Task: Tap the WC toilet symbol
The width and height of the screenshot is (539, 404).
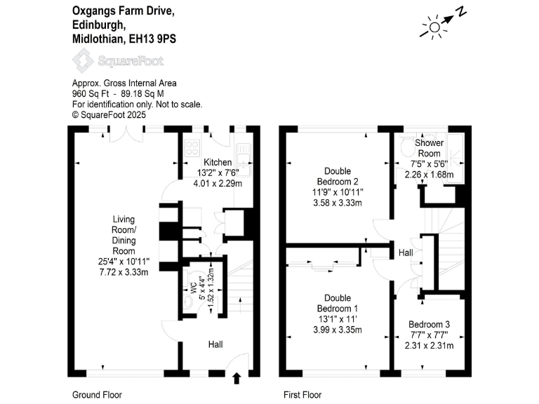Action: [x=187, y=300]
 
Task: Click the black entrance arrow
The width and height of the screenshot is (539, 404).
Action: [x=237, y=379]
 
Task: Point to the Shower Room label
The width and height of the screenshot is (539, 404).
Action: [x=430, y=148]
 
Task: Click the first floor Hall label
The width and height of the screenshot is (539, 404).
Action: [x=406, y=252]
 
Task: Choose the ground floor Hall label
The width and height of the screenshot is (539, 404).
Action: [x=215, y=344]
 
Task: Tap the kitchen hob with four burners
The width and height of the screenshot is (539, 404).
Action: [x=192, y=147]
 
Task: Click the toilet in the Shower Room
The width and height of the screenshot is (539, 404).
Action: [x=408, y=149]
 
